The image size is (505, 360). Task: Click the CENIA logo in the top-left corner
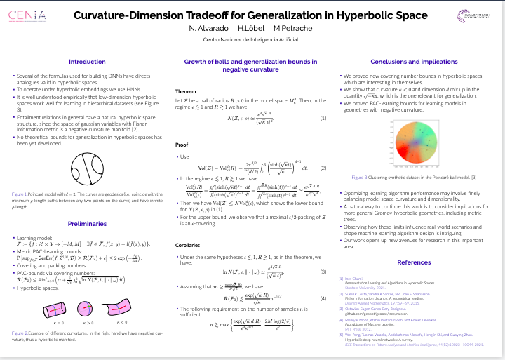coord(28,15)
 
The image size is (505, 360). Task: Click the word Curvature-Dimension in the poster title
coord(133,14)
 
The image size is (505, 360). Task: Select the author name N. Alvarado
coord(206,28)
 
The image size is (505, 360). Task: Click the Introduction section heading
coord(87,62)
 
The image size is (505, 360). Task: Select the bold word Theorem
coord(185,92)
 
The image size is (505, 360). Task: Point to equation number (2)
coord(323,168)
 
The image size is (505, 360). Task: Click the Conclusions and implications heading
coord(414,62)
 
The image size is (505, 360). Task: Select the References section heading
coord(414,262)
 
